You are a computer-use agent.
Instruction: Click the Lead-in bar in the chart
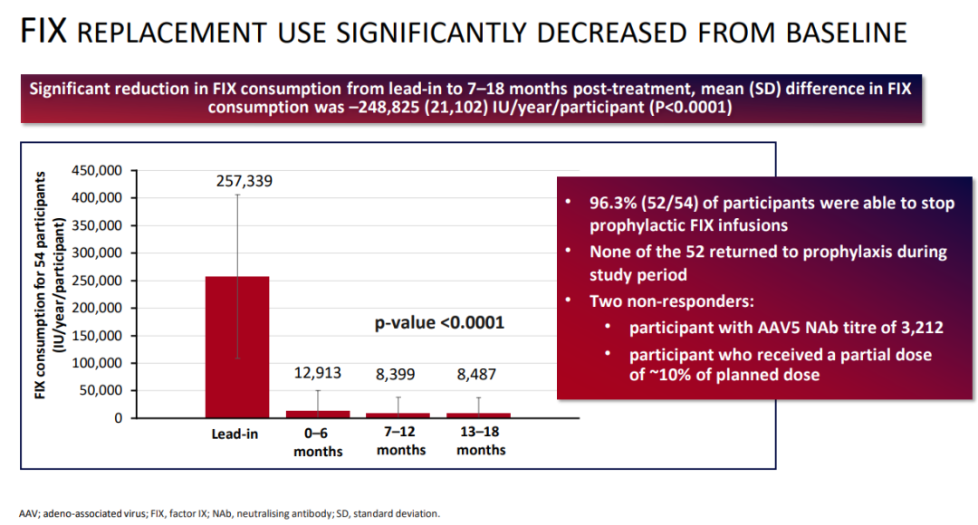point(237,347)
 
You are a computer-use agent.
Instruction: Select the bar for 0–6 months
point(318,414)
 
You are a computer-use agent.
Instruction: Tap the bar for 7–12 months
point(398,415)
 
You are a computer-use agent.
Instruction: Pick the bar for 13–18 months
point(478,415)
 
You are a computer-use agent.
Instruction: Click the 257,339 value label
point(244,181)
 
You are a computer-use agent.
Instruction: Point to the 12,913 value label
point(318,373)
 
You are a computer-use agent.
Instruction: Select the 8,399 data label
point(396,374)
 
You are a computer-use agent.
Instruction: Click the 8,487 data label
point(476,374)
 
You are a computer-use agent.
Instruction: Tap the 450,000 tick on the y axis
point(97,170)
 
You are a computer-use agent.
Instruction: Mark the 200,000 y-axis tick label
point(97,308)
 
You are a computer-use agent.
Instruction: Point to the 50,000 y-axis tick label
point(101,390)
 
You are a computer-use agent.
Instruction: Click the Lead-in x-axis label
point(235,434)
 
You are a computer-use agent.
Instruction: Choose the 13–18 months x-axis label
point(481,441)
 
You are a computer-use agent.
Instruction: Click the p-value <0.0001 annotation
point(439,322)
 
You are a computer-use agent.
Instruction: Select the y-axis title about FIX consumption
point(49,285)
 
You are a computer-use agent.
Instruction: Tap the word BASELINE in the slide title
point(847,33)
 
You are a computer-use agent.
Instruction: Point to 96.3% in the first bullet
point(613,204)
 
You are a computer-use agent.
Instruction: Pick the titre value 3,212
point(922,328)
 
